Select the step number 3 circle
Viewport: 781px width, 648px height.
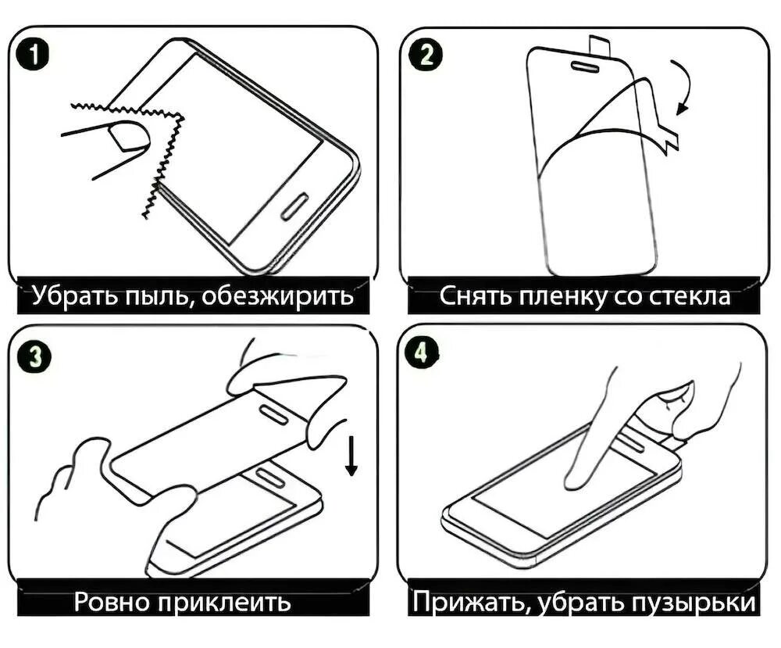point(34,357)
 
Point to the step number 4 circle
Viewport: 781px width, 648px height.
point(423,354)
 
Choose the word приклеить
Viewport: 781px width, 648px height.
point(224,602)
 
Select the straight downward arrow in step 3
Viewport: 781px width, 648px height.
point(351,455)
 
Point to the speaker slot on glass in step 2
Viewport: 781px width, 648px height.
point(587,66)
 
